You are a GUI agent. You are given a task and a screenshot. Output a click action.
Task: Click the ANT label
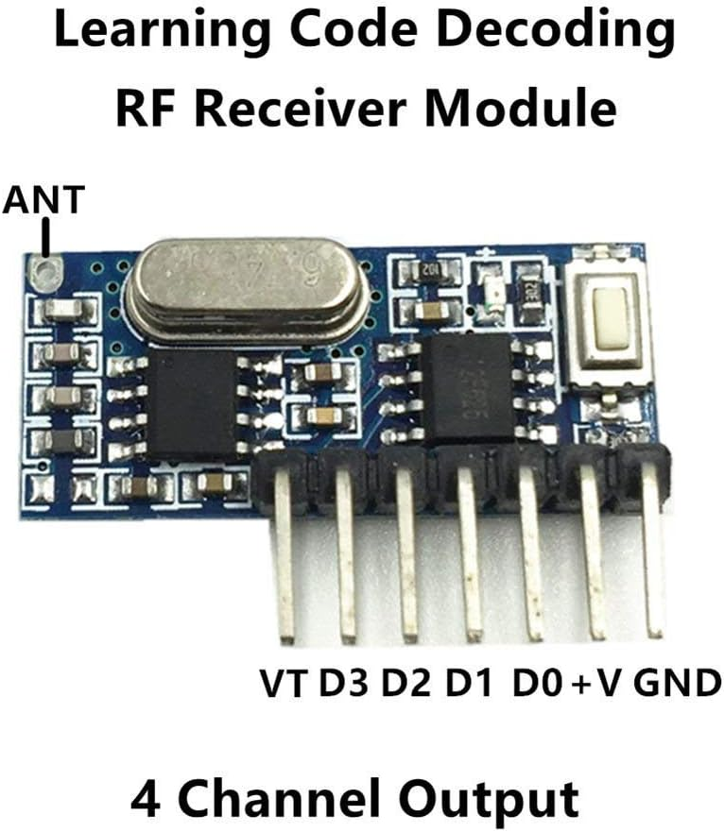pyautogui.click(x=44, y=200)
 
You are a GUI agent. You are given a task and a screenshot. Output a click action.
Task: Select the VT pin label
pyautogui.click(x=283, y=683)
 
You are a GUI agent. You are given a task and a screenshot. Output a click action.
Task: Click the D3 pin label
pyautogui.click(x=345, y=683)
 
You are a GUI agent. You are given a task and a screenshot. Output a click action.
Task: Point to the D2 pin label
pyautogui.click(x=409, y=683)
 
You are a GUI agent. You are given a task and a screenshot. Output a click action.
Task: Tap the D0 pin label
pyautogui.click(x=538, y=683)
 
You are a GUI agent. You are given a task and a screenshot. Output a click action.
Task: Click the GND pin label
pyautogui.click(x=677, y=683)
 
